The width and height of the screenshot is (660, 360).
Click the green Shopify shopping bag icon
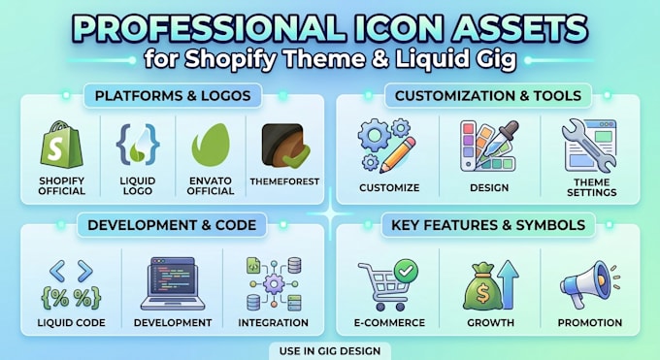(x=61, y=145)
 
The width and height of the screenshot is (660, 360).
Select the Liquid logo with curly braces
(x=138, y=144)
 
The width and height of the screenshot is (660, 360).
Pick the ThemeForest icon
(x=285, y=146)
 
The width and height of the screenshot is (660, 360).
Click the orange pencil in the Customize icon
(x=398, y=155)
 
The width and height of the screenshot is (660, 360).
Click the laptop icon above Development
(x=173, y=283)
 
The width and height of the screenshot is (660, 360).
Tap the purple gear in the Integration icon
(x=274, y=284)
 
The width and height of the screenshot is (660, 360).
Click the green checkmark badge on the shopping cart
(x=406, y=271)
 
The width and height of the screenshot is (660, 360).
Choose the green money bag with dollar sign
(x=482, y=287)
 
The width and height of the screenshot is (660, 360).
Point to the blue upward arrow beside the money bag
(x=509, y=284)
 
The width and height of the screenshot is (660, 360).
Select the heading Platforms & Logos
(x=173, y=95)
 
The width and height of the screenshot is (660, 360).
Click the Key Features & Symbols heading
(x=488, y=225)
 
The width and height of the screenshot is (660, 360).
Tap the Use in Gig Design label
(x=330, y=350)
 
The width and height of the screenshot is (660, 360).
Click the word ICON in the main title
(x=397, y=29)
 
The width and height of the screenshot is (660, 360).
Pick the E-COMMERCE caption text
(x=390, y=323)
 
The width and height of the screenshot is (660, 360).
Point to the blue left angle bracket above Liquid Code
(x=57, y=271)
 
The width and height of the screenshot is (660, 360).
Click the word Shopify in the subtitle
(x=230, y=59)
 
